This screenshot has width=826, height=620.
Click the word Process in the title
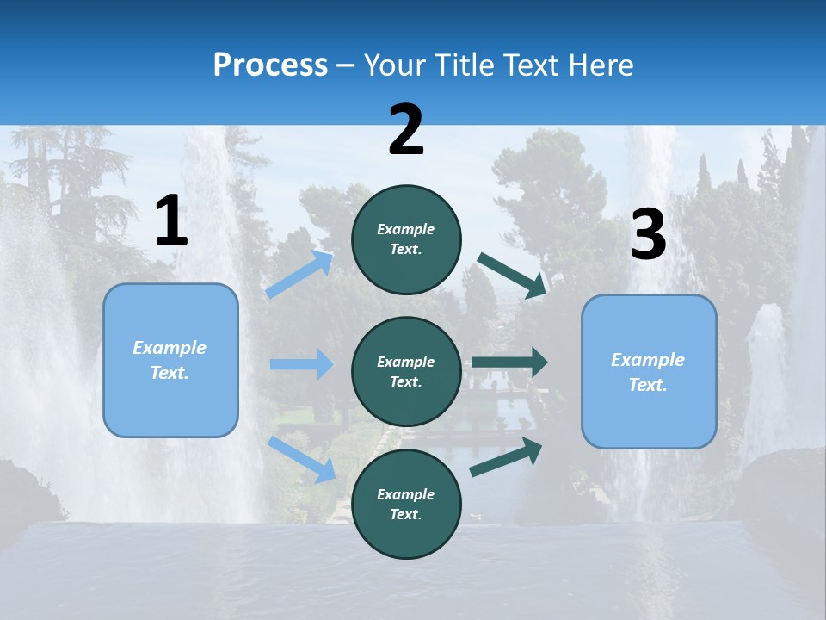[270, 65]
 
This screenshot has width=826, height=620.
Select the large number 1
[171, 221]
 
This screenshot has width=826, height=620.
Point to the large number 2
[406, 130]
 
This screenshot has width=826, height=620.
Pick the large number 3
[648, 235]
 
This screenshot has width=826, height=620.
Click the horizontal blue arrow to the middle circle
[301, 364]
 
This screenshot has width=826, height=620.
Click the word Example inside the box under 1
[170, 348]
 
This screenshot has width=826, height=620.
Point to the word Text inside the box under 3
[647, 385]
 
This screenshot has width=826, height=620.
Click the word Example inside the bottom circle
[406, 494]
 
